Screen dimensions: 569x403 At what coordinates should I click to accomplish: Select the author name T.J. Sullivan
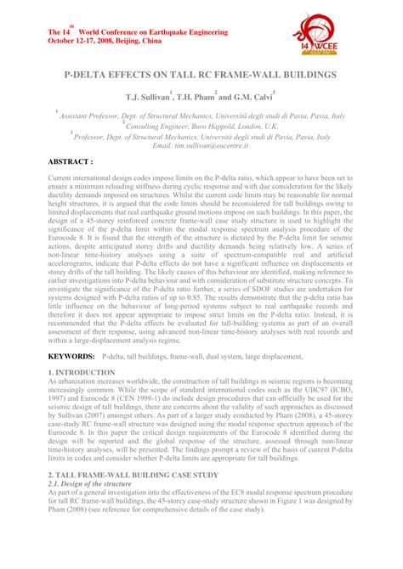(x=147, y=99)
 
